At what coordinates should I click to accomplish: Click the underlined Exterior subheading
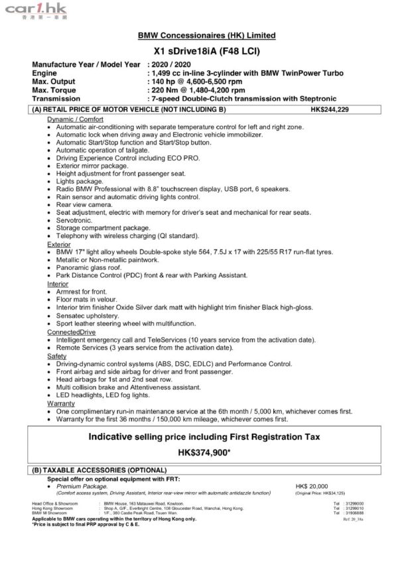pos(58,244)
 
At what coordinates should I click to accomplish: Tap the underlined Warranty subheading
pos(60,403)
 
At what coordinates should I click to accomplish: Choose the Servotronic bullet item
pos(74,220)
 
